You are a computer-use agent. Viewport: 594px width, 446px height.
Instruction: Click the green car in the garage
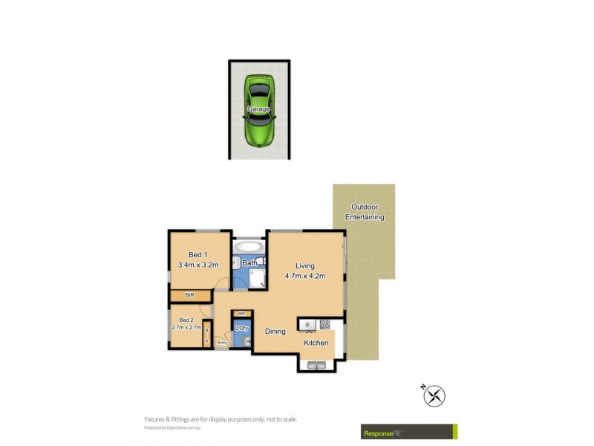coord(258,109)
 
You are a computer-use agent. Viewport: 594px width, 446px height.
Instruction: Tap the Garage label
coord(258,109)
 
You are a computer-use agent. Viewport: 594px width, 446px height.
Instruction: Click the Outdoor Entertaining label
coord(365,212)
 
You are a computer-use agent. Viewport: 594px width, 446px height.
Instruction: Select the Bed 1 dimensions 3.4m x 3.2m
coord(198,265)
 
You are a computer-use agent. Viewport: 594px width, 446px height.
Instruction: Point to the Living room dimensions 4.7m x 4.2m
coord(305,276)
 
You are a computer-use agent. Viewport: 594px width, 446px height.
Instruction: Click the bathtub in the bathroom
coord(247,247)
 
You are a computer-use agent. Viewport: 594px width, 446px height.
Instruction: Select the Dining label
coord(275,332)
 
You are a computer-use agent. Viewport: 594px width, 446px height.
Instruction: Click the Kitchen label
coord(316,343)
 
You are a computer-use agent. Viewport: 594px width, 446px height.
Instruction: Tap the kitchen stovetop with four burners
coord(324,324)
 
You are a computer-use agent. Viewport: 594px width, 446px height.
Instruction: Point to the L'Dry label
coord(241,329)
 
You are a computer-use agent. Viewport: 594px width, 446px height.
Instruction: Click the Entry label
coord(221,343)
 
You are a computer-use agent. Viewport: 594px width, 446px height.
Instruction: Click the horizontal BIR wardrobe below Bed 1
coord(190,296)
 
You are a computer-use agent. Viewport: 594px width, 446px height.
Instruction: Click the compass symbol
coord(434,396)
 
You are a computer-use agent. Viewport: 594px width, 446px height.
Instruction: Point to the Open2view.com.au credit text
coord(174,428)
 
